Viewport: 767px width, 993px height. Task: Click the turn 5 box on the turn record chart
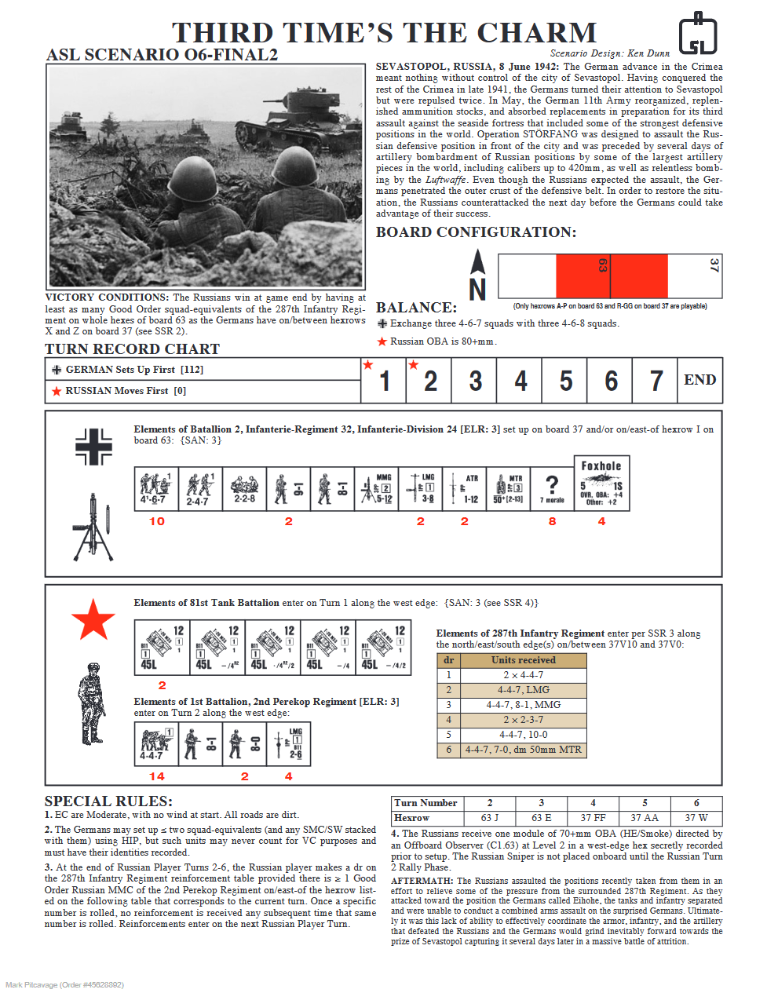[x=566, y=381]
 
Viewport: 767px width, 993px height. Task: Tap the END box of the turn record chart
[x=699, y=381]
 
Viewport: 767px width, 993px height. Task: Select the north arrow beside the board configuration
[x=477, y=276]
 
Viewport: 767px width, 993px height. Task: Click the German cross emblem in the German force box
[x=94, y=447]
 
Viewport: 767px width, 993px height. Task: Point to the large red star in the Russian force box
[x=93, y=619]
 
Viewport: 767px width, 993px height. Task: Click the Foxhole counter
[x=601, y=483]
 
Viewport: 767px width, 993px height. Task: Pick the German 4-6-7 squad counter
[x=155, y=488]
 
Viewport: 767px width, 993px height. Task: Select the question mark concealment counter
[x=552, y=488]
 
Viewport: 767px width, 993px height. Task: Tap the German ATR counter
[x=464, y=488]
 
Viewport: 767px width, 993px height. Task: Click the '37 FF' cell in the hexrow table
[x=593, y=817]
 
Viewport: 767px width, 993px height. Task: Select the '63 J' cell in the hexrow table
[x=490, y=817]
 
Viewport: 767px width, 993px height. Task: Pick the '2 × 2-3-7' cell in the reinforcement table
[x=523, y=720]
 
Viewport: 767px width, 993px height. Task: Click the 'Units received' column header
[x=523, y=660]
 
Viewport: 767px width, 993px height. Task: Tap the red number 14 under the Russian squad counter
[x=157, y=776]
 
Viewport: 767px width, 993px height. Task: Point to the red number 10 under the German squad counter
[x=157, y=521]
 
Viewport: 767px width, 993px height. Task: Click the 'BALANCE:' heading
[x=416, y=308]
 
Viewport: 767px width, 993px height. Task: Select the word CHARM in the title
[x=538, y=33]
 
